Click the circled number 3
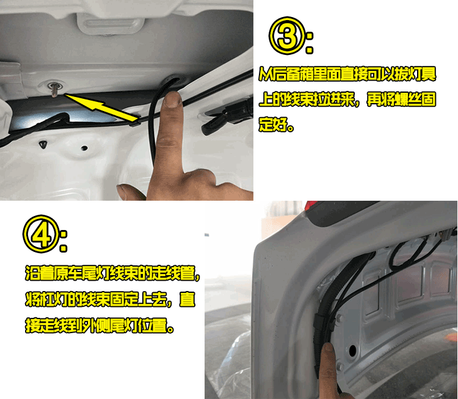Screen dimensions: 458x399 coord(287,36)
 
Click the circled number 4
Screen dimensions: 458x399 coord(41,234)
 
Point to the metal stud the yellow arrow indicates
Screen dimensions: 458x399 coord(54,88)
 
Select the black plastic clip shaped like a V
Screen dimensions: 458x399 coord(43,144)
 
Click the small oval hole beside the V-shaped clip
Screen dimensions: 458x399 coord(84,148)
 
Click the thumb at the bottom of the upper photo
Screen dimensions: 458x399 coord(130,192)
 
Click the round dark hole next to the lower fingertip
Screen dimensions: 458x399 coord(352,350)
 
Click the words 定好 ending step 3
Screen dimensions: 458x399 coord(272,124)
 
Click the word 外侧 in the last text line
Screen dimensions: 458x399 coord(96,325)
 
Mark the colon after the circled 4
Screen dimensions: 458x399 coord(64,242)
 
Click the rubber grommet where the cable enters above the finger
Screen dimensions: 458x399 coord(175,79)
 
